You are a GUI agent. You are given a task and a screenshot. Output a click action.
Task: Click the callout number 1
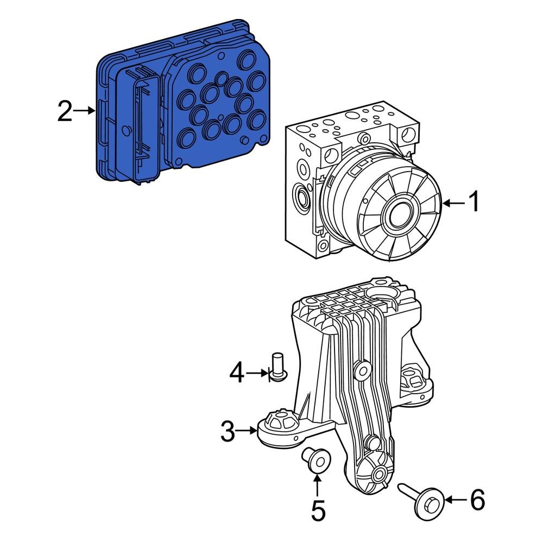pos(473,203)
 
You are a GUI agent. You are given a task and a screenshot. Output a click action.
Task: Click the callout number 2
pos(65,111)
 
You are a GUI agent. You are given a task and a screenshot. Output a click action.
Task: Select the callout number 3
pos(228,432)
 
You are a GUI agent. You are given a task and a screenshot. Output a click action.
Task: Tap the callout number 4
pos(237,373)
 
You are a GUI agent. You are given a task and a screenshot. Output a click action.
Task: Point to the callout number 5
pos(318,510)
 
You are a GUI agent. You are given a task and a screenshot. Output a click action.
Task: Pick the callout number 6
pos(477,500)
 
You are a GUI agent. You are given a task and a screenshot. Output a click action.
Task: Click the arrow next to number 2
pos(84,111)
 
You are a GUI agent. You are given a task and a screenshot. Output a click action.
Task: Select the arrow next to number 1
pos(453,203)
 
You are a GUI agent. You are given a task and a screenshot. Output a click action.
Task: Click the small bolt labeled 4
pos(279,367)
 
